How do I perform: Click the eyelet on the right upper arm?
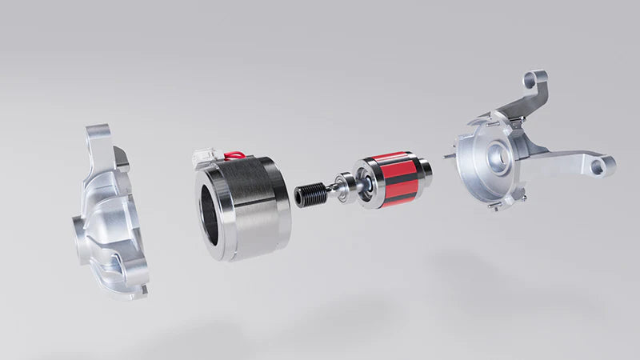[x=537, y=79]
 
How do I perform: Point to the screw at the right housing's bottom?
[x=497, y=207]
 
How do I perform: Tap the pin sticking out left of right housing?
[x=450, y=156]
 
